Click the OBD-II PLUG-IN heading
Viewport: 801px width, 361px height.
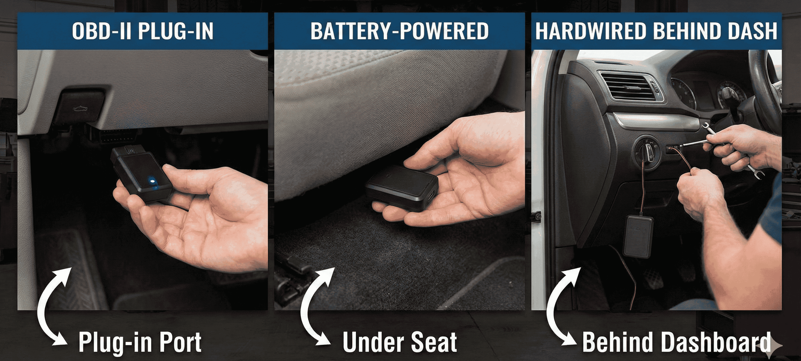[x=143, y=31]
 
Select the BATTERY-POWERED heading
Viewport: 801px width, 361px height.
[x=400, y=31]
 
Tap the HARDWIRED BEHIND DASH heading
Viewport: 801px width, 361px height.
[x=656, y=31]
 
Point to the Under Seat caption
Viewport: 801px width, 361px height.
[x=400, y=342]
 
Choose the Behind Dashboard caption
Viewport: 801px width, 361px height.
[x=676, y=342]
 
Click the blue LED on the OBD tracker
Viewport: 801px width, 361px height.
[x=153, y=180]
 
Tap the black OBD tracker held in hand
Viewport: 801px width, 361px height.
[x=141, y=174]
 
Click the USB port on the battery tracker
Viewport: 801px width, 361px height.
[x=431, y=196]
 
